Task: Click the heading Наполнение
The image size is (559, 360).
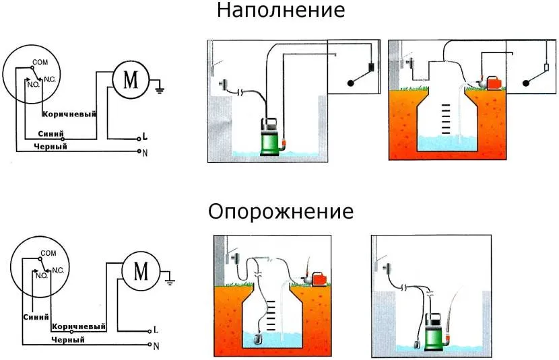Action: click(x=281, y=11)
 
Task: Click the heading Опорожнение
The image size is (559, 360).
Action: click(x=281, y=212)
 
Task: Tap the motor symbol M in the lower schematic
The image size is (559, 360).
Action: click(x=141, y=271)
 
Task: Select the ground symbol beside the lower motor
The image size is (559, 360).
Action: click(x=171, y=277)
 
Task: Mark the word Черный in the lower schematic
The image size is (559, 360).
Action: click(x=68, y=340)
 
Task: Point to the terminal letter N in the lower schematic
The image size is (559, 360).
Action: click(x=156, y=346)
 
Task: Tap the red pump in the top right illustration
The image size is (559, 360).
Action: click(x=494, y=83)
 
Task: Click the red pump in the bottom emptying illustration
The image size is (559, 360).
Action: click(x=319, y=277)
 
